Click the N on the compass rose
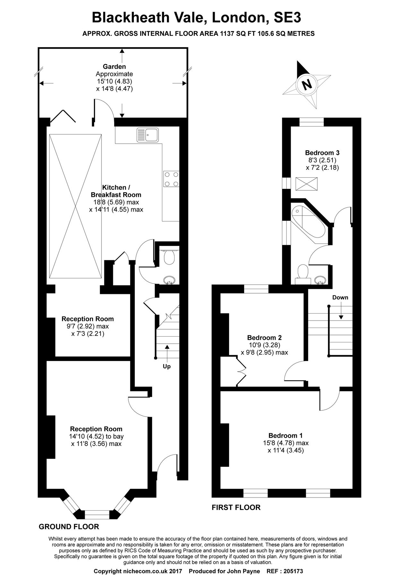click(x=307, y=85)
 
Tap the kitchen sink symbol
click(x=148, y=134)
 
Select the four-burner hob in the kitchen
click(x=171, y=179)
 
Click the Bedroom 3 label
click(x=322, y=153)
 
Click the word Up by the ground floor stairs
click(x=167, y=366)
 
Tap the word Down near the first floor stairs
click(x=340, y=297)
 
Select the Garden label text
click(x=114, y=67)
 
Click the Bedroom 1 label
click(x=286, y=435)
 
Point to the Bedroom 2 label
click(x=264, y=338)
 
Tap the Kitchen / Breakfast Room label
click(x=116, y=191)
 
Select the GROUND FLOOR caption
click(x=69, y=526)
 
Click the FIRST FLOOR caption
click(x=236, y=507)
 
